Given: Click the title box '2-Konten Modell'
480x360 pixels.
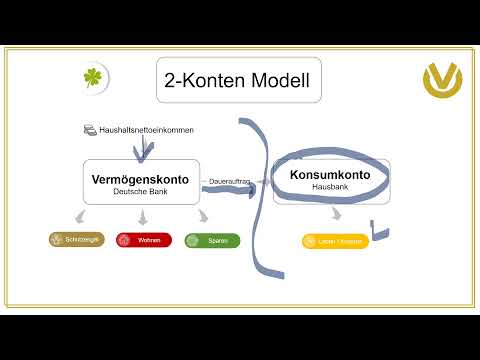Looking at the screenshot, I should (x=238, y=80).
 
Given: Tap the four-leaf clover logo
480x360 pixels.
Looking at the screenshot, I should (x=95, y=78).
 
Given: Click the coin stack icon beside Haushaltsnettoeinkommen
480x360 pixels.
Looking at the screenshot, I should (x=89, y=130).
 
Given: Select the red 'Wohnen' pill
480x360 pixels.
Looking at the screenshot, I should (x=144, y=240).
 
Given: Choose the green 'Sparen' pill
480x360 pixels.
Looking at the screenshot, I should (x=212, y=240).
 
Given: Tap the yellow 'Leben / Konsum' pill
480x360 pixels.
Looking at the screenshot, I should (x=335, y=241).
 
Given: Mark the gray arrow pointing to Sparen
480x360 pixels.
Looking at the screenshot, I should (x=204, y=215).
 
